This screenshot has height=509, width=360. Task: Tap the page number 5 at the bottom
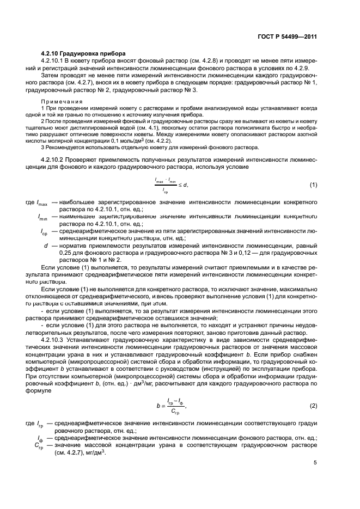tap(315, 463)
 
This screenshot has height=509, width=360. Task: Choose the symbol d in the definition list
tap(46, 246)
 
